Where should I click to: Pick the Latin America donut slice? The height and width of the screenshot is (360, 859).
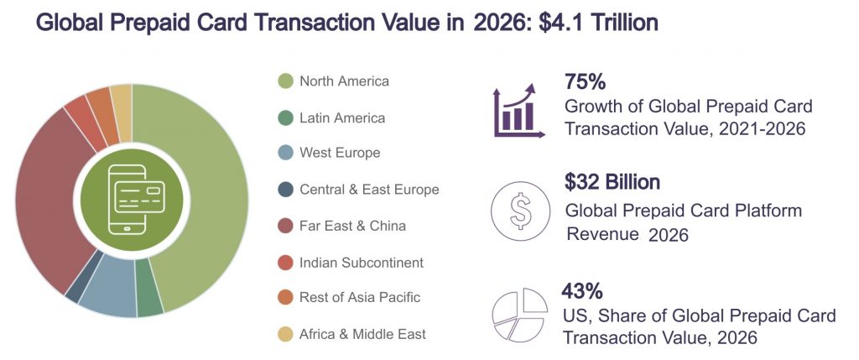point(148,300)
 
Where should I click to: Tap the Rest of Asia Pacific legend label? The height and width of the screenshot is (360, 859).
point(360,297)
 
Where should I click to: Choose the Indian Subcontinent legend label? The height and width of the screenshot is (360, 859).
point(362,263)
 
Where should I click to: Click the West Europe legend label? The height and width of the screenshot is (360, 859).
point(340,153)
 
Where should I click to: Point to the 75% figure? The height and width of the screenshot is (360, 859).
point(586,82)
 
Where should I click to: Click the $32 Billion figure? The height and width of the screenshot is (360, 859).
point(613,182)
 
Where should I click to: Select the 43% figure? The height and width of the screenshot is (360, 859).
point(582,292)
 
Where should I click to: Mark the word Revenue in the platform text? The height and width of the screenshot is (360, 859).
point(602,234)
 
